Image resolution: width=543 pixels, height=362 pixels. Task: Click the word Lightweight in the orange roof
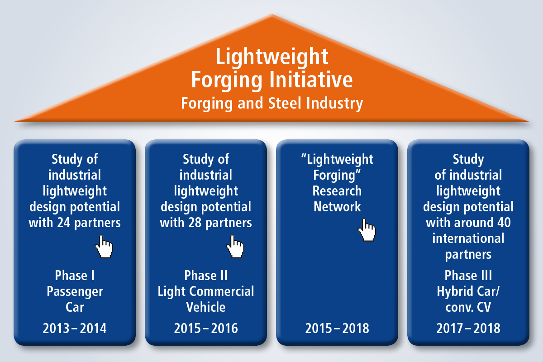tap(272, 57)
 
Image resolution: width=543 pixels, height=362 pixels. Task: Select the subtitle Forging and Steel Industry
tap(272, 104)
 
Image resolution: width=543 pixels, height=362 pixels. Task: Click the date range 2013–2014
tap(75, 329)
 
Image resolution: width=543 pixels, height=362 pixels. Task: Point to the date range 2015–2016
tap(206, 329)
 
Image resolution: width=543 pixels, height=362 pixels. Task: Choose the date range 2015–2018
tap(337, 329)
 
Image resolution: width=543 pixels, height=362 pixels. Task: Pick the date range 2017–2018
tap(468, 329)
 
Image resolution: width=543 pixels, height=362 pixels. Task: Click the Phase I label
tap(75, 276)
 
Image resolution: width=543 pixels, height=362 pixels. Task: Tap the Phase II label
tap(206, 276)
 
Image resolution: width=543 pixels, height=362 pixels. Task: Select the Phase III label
tap(468, 276)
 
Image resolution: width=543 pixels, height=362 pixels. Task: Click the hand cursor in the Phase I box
tap(104, 246)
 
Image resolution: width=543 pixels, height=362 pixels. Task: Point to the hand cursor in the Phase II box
tap(235, 246)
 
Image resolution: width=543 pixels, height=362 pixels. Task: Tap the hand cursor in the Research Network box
tap(367, 230)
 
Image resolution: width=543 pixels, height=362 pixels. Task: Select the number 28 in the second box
tap(195, 223)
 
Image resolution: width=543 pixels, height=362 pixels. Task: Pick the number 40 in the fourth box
tap(504, 223)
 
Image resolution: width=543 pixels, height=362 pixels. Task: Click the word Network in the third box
tap(337, 207)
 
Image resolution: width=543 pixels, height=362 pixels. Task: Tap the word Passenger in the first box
tap(75, 292)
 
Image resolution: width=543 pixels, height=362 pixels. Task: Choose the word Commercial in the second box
tap(222, 291)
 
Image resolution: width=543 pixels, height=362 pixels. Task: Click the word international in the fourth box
tap(468, 238)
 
